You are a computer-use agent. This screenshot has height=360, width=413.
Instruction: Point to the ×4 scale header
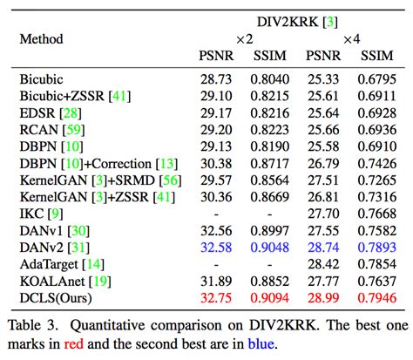(351, 39)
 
